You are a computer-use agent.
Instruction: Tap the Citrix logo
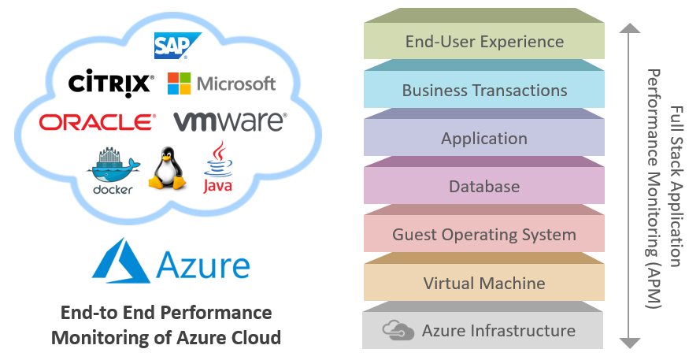click(x=109, y=83)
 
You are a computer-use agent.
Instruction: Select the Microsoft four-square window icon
click(x=180, y=84)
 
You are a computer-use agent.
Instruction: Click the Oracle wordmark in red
click(x=97, y=122)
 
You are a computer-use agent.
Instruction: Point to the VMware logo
click(x=229, y=121)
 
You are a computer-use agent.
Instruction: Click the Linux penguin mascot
click(x=168, y=168)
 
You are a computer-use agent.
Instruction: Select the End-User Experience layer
click(x=484, y=42)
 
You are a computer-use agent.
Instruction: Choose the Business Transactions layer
click(x=484, y=90)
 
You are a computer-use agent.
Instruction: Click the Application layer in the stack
click(x=484, y=139)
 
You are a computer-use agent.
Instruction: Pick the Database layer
click(x=484, y=187)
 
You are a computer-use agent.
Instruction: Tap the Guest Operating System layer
click(x=484, y=235)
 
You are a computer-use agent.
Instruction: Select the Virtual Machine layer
click(x=484, y=283)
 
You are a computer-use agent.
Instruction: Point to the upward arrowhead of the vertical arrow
click(x=628, y=29)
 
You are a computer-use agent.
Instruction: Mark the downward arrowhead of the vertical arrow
click(x=628, y=342)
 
